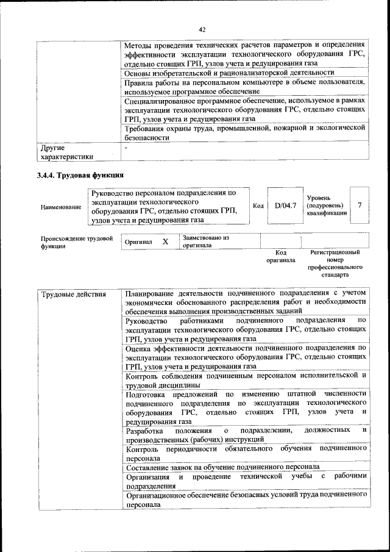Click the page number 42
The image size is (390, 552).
point(202,29)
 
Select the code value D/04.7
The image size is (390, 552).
point(285,206)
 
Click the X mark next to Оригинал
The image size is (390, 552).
point(165,242)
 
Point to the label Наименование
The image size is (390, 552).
point(61,207)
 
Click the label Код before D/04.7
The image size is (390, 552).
point(258,206)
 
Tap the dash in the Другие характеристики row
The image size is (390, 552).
point(126,148)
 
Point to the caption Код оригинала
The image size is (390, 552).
point(280,256)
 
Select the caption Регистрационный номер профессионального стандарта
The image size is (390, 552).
point(335,263)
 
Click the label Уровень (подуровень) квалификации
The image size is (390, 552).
point(325,206)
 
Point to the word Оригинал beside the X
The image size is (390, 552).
point(138,242)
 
